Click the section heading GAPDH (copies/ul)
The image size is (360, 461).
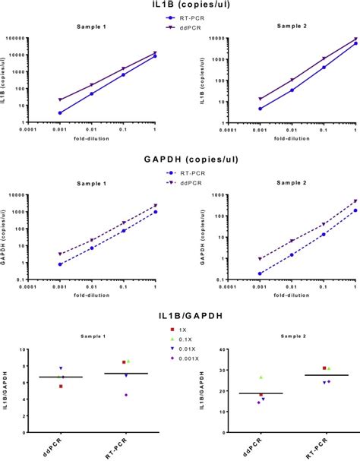click(180, 160)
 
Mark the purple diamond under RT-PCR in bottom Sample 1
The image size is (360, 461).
click(127, 395)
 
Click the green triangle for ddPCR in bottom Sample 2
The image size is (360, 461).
click(261, 377)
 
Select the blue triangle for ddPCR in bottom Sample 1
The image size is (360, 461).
click(61, 368)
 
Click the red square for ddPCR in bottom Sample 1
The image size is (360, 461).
click(61, 386)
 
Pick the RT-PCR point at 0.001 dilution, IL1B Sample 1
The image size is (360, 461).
click(60, 112)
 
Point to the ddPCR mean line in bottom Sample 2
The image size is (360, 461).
click(261, 393)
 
